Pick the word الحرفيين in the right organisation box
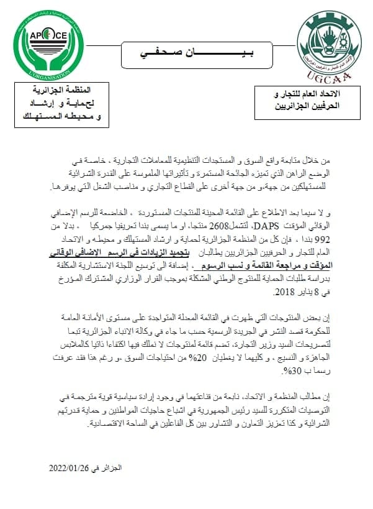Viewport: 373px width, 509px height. click(x=341, y=106)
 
